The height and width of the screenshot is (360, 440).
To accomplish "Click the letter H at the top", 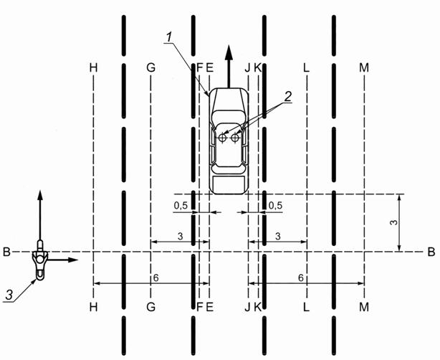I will [93, 67].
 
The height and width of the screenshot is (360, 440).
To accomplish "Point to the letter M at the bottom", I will [365, 306].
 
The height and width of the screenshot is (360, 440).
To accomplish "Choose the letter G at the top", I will [150, 67].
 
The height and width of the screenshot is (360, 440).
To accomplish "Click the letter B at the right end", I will [431, 252].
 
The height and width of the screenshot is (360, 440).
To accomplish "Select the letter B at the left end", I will [6, 252].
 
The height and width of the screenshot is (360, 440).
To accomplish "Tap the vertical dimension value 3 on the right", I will [393, 223].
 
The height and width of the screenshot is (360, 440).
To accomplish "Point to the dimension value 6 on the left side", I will [153, 277].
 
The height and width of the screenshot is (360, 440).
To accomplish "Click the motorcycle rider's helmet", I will [39, 256].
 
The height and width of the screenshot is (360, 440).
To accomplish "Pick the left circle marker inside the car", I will [223, 137].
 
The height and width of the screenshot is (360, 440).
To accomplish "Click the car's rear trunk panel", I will [228, 184].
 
